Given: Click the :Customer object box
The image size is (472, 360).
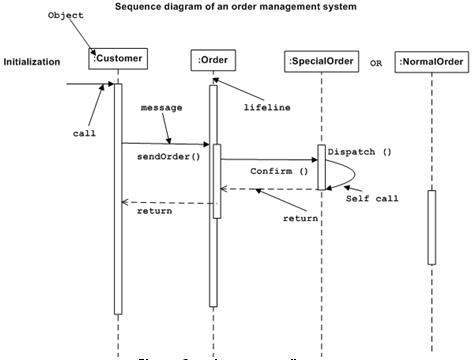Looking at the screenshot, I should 116,60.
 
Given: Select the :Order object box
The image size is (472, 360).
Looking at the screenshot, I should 212,61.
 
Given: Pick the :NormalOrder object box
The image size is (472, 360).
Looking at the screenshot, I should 431,62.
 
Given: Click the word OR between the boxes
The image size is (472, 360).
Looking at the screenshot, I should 376,63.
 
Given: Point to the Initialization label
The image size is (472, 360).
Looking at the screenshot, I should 32,62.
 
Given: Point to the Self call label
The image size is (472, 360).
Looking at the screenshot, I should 372,198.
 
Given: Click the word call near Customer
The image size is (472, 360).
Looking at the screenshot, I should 84,132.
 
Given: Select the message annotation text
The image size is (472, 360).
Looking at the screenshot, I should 161,106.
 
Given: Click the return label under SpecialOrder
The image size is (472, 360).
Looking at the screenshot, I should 300,217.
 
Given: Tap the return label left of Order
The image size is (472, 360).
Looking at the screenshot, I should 154,211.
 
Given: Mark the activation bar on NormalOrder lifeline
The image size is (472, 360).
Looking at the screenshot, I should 432,227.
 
